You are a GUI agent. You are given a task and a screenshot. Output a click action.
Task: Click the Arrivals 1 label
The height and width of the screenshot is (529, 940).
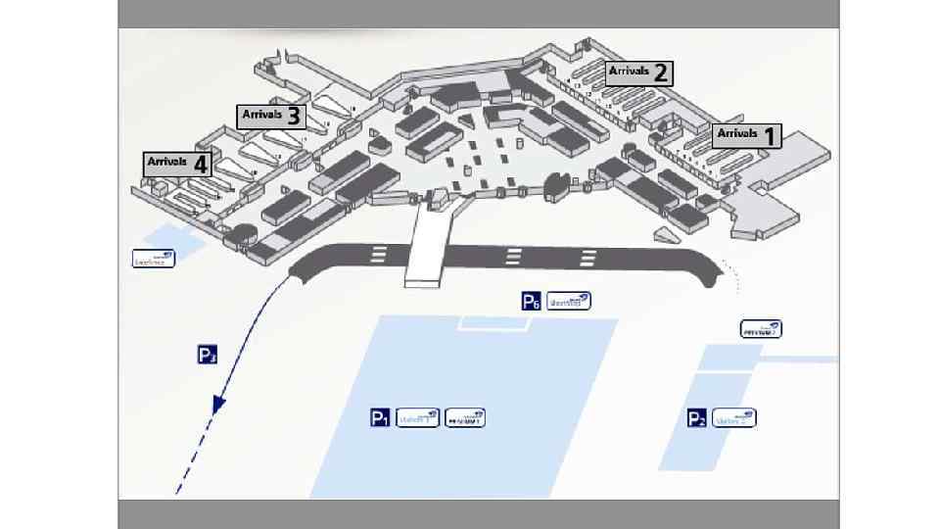coord(747,135)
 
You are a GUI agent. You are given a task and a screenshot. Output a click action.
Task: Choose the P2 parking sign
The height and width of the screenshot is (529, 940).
coord(696,419)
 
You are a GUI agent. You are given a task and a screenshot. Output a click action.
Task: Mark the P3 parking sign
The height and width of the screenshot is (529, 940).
coord(208,356)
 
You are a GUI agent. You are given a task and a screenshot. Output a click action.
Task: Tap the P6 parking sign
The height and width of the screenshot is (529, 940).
coord(531,302)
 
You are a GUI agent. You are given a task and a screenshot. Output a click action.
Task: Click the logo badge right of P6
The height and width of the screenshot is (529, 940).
coord(569,302)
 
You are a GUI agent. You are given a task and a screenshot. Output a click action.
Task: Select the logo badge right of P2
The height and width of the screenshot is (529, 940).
coord(734,418)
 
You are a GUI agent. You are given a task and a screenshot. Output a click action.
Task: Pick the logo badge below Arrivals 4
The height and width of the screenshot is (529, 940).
coord(154,259)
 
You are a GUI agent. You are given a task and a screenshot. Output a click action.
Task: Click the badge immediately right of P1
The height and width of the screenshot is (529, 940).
coord(418,418)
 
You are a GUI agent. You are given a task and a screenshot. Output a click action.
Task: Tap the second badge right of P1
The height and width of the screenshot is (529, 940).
coord(465,418)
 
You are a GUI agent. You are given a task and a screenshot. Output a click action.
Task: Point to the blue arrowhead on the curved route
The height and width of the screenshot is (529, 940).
coord(220,403)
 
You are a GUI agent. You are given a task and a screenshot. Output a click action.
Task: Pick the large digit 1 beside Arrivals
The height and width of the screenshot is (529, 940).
coord(770,136)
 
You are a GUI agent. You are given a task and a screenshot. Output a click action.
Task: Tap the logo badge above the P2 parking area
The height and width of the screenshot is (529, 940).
coord(761,329)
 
